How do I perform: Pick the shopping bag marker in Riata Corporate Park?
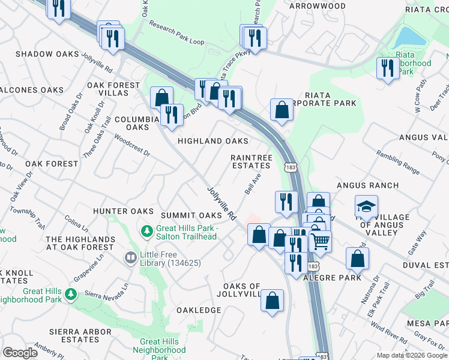[x=282, y=110]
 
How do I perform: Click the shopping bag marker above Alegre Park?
[x=357, y=259]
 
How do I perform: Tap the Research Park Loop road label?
[x=176, y=34]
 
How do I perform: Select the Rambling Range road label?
[x=398, y=163]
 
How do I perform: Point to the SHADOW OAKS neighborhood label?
[x=47, y=54]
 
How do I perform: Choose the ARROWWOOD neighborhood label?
[x=317, y=6]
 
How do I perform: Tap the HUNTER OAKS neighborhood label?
[x=123, y=211]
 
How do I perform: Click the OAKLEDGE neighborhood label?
[x=199, y=310]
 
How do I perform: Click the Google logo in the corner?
[x=20, y=353]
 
